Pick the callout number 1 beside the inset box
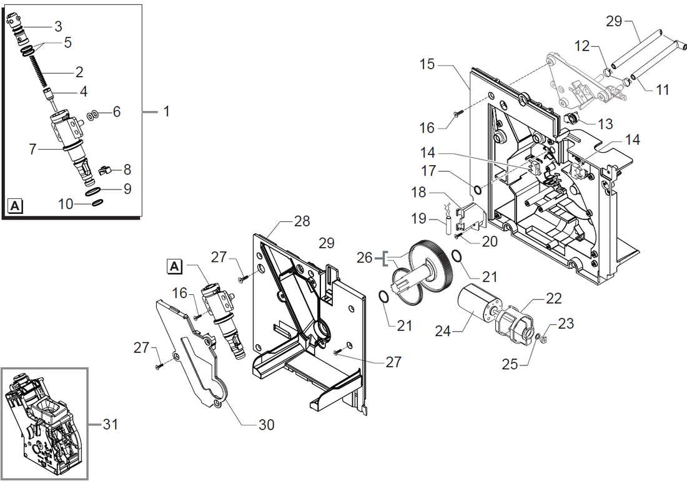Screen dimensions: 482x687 (166, 112)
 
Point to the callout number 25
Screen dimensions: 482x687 (510, 364)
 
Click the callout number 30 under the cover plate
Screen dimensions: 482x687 (266, 425)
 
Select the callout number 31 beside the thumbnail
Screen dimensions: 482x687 (110, 425)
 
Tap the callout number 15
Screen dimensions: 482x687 (427, 64)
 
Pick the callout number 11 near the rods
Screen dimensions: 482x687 (663, 90)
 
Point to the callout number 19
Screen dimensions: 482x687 (419, 219)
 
